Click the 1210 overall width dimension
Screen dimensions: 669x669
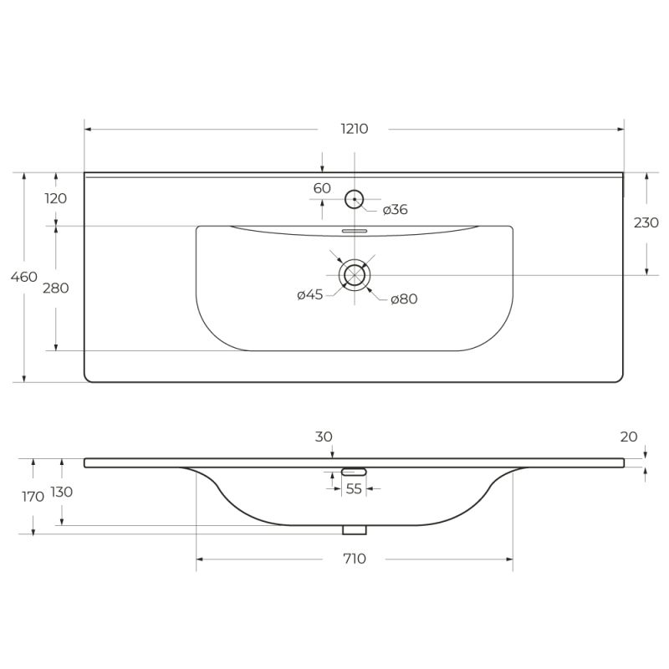(354, 129)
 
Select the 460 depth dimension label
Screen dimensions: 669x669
(24, 277)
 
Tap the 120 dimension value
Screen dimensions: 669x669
(55, 198)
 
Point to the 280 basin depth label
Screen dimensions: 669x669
(55, 289)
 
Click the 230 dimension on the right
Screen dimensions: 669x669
(646, 222)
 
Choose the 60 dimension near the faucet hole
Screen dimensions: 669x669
(322, 188)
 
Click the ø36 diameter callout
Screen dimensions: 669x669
(395, 210)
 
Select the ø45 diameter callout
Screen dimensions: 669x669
(310, 294)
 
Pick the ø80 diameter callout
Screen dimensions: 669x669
(404, 299)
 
